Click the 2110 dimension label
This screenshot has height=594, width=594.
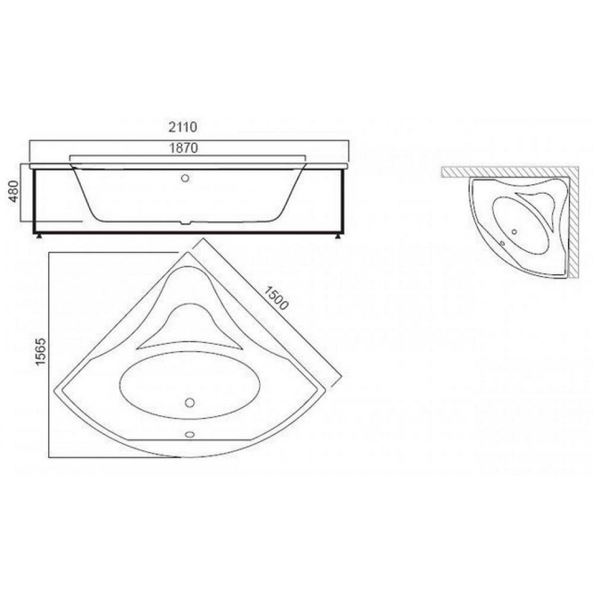pyautogui.click(x=183, y=127)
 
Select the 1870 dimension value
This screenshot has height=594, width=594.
pyautogui.click(x=183, y=148)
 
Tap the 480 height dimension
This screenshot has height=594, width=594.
pyautogui.click(x=13, y=192)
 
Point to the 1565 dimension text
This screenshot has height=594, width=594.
pyautogui.click(x=41, y=351)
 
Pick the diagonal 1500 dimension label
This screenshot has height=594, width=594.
pyautogui.click(x=276, y=298)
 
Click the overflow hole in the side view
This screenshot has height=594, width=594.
pyautogui.click(x=185, y=178)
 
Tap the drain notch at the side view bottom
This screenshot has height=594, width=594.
pyautogui.click(x=185, y=223)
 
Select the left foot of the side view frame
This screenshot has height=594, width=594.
pyautogui.click(x=39, y=237)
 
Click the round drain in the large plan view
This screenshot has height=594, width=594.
pyautogui.click(x=190, y=402)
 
